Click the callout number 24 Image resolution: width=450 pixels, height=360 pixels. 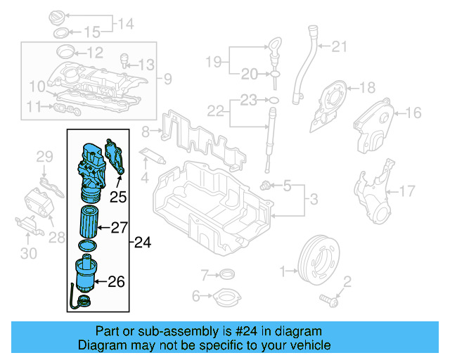click(143, 243)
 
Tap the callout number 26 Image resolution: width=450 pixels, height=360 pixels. click(116, 282)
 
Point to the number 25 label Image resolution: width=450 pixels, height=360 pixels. click(117, 198)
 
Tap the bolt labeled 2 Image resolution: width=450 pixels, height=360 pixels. click(329, 300)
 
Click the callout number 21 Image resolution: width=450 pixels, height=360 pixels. click(340, 47)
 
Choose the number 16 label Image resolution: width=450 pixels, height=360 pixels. click(412, 112)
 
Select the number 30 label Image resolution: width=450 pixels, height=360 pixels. click(29, 254)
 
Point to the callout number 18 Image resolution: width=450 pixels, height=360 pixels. click(368, 88)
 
